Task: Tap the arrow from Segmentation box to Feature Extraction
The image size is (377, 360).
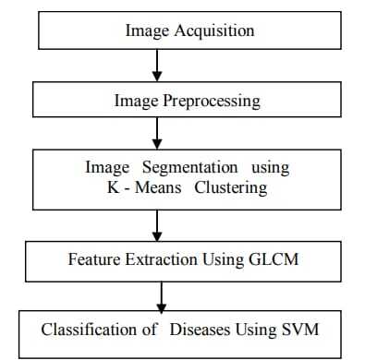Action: pos(158,224)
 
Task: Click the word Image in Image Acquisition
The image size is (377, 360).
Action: pos(145,30)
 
